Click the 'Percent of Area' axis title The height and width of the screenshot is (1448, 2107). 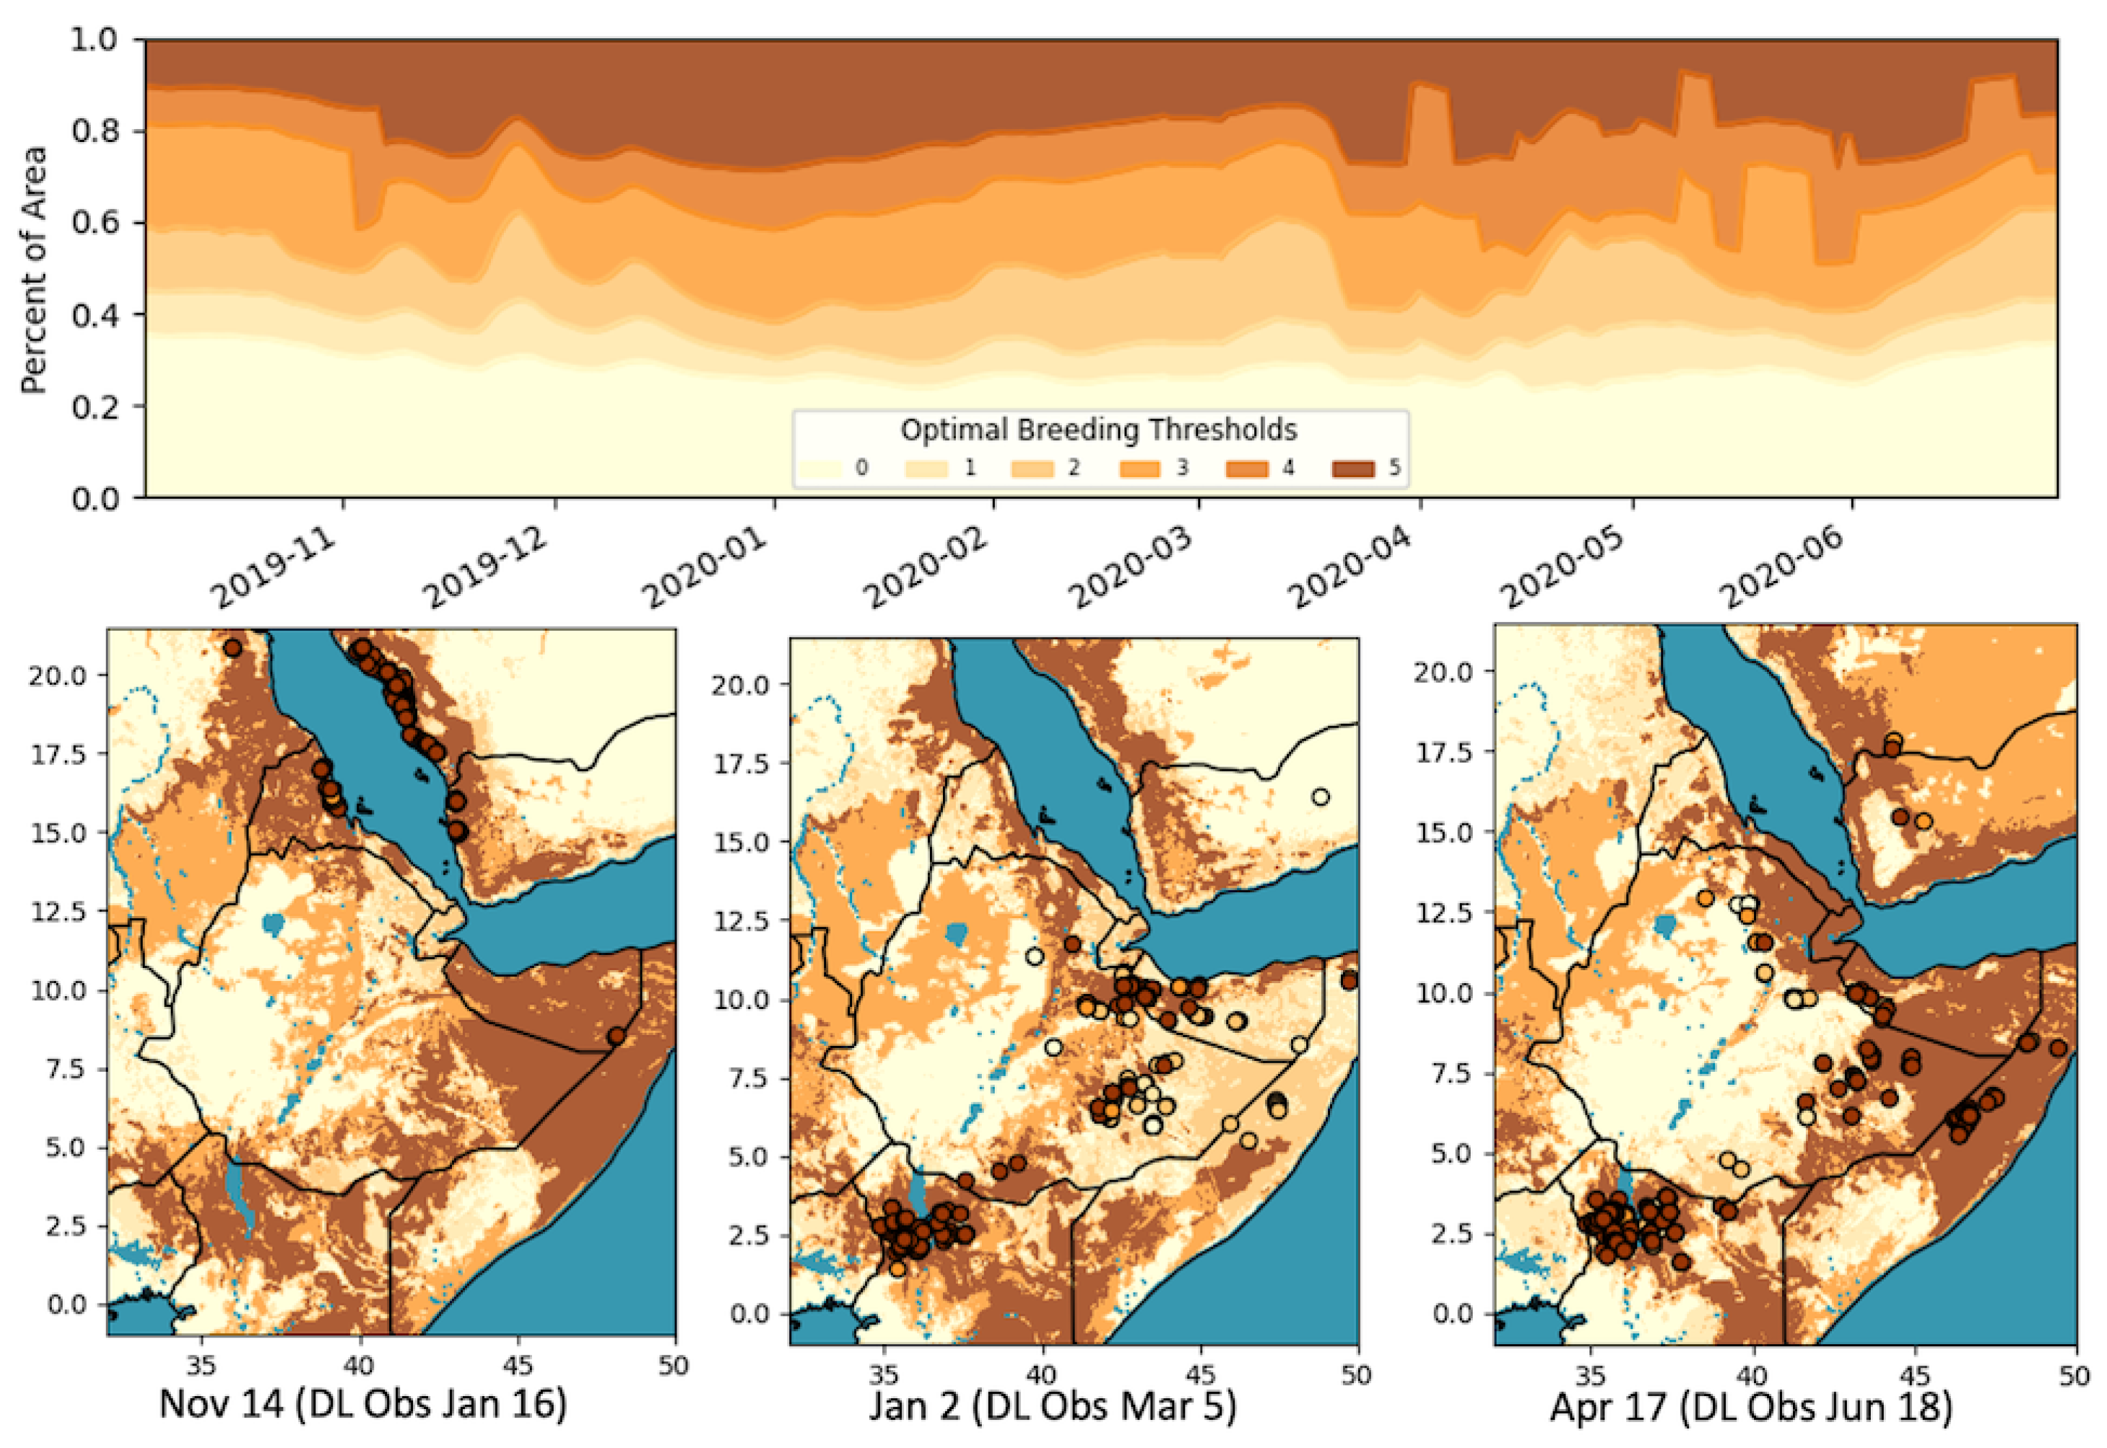(33, 270)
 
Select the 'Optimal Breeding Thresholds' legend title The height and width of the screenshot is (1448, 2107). (1098, 429)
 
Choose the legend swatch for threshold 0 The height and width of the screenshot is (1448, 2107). (819, 469)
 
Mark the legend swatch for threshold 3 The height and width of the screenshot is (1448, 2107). (1140, 469)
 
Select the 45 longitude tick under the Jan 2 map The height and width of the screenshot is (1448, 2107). (1200, 1376)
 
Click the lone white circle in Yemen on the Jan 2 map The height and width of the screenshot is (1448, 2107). (1320, 797)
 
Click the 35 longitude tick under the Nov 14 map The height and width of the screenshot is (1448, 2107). (201, 1365)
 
